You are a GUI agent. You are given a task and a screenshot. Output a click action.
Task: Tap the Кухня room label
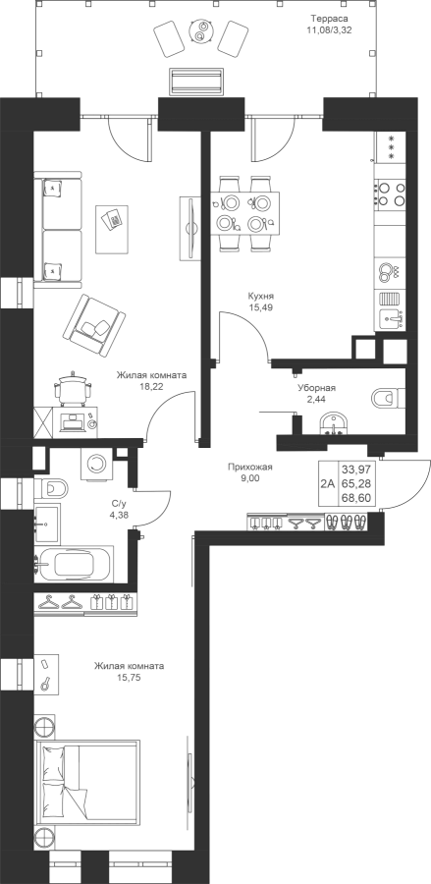[260, 296]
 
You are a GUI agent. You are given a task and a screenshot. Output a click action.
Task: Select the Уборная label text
[317, 388]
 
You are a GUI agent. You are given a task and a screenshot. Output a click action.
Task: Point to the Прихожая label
[250, 467]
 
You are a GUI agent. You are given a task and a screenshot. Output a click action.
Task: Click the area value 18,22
[150, 386]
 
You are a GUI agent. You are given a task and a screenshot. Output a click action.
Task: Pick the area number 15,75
[130, 677]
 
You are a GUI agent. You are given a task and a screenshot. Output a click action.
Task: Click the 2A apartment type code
[327, 483]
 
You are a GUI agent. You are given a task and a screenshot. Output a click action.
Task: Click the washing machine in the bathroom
[97, 464]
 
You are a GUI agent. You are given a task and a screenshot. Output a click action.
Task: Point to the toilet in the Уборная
[388, 398]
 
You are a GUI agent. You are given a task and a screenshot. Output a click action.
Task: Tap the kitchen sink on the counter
[391, 319]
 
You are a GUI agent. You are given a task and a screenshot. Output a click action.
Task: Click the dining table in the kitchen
[245, 212]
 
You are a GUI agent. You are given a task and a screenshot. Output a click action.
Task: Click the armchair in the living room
[94, 325]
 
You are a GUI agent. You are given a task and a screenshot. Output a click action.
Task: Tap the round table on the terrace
[199, 31]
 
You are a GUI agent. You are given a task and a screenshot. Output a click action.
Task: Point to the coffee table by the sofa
[116, 230]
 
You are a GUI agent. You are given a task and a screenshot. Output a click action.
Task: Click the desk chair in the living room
[72, 388]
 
